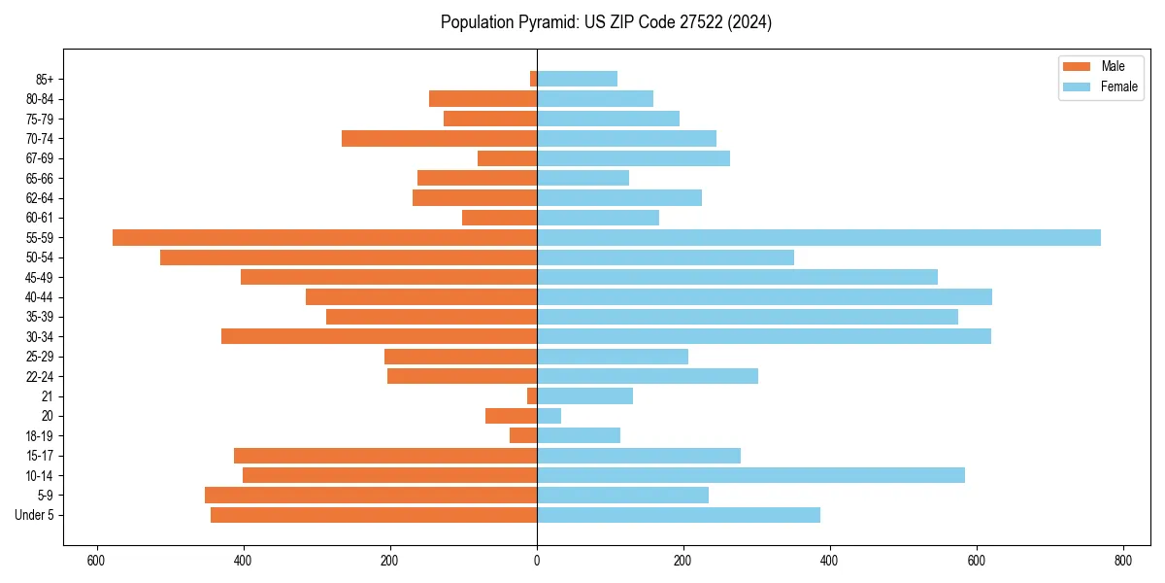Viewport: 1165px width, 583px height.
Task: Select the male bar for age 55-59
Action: click(324, 238)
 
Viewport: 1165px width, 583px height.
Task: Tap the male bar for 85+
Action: click(533, 79)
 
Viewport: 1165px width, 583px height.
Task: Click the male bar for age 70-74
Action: click(439, 139)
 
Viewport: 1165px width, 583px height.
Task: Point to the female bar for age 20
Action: click(549, 416)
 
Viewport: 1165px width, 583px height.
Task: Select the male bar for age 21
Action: click(532, 396)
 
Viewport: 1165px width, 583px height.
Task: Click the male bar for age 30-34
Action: click(379, 336)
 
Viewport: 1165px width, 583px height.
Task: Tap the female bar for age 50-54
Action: click(665, 257)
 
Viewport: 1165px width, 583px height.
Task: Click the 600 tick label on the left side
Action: click(96, 561)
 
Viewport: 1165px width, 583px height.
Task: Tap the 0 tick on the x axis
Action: click(537, 561)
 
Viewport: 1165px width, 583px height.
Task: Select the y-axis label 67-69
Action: click(40, 158)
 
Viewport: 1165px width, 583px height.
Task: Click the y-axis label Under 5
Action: click(35, 515)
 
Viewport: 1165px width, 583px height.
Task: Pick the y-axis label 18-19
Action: click(40, 436)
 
